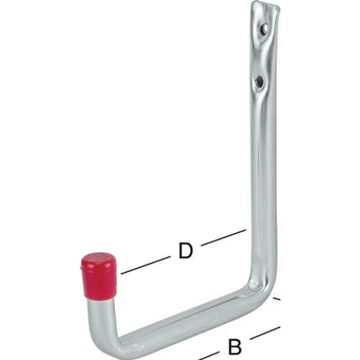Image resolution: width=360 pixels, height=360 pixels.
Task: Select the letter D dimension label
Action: (186, 251)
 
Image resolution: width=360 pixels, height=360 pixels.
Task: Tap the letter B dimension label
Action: (235, 347)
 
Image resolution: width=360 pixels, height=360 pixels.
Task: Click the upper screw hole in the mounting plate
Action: (264, 29)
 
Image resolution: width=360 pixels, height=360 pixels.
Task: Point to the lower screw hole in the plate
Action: (260, 81)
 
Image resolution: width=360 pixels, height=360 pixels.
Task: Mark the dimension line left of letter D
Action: (145, 265)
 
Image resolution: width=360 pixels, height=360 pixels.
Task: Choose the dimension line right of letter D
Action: (223, 237)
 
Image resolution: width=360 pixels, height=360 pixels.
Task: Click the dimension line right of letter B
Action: (265, 333)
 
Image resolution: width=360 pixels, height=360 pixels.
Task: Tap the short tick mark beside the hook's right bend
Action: (276, 299)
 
